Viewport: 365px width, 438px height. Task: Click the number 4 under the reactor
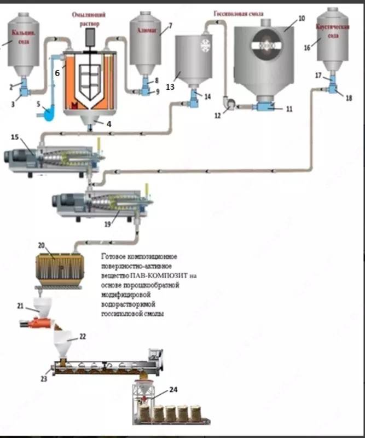tap(108, 124)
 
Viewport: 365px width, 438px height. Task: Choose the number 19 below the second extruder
tap(108, 224)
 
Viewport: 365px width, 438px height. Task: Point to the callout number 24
tap(173, 390)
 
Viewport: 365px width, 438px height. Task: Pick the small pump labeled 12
tap(229, 102)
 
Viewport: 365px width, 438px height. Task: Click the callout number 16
tap(307, 48)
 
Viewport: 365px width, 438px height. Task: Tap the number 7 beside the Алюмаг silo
tap(170, 25)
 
